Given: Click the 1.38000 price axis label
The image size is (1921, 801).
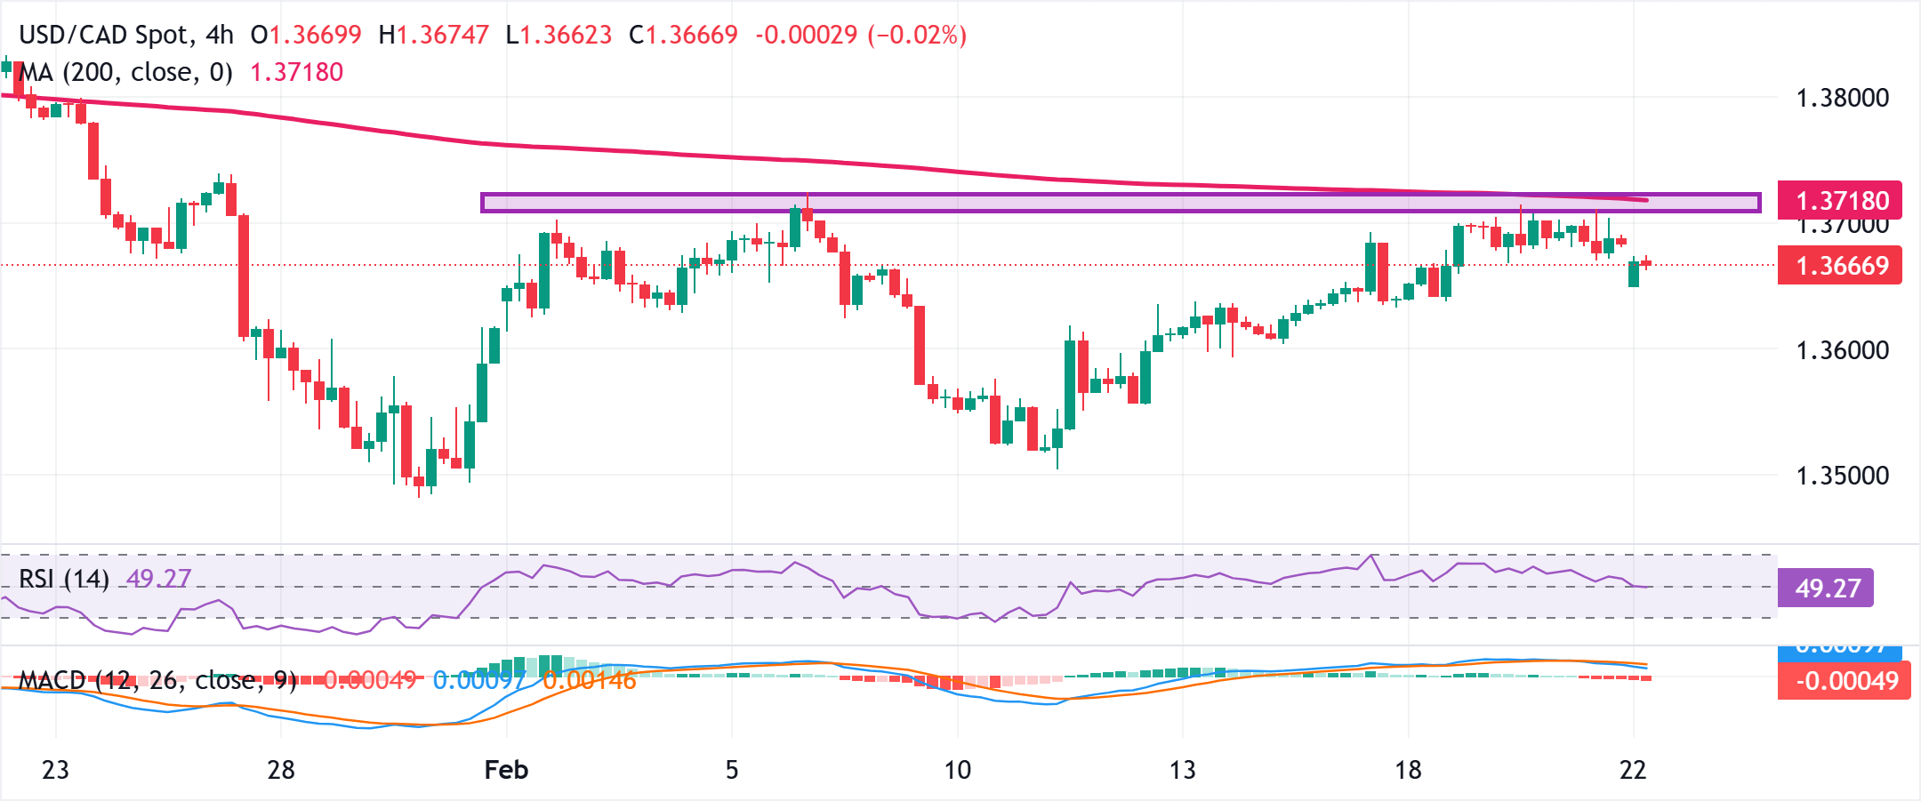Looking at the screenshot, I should (1842, 98).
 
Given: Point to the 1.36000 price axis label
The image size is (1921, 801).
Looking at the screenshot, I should (1842, 350).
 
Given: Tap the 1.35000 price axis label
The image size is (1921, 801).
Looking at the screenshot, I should (1842, 476).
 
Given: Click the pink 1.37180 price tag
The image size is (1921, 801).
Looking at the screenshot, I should (1840, 201).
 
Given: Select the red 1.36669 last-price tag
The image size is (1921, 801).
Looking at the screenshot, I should (1840, 266).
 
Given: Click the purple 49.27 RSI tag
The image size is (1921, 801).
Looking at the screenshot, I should (1826, 589).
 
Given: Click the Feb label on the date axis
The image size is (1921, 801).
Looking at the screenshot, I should (506, 770).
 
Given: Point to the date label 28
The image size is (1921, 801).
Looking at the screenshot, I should (281, 770).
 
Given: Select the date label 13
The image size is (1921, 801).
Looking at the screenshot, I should (1182, 770).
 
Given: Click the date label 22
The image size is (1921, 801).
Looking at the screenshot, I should (1633, 770).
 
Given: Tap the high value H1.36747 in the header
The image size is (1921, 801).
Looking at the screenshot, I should (433, 35).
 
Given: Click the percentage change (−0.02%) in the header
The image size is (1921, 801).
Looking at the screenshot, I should (917, 35).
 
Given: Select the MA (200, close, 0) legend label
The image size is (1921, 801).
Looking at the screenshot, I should (125, 72).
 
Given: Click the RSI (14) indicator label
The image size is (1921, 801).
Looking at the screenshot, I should (64, 579).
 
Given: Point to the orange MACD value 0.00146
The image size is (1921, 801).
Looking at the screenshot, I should (589, 681).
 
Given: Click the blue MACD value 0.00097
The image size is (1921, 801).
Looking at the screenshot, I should (478, 681).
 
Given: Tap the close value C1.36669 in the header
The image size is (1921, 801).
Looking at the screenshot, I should (683, 35).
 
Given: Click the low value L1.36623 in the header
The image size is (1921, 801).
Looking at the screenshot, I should (559, 35).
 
